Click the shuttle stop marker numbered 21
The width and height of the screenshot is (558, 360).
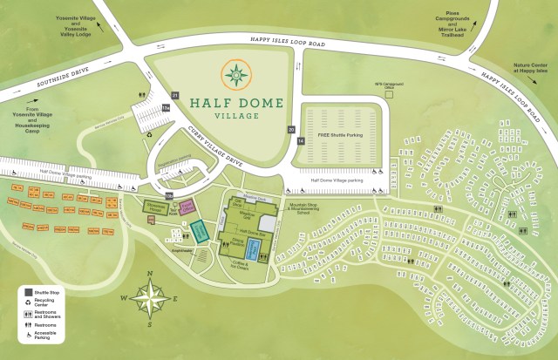[x=175, y=94]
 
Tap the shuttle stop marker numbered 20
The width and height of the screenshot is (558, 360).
[x=292, y=129]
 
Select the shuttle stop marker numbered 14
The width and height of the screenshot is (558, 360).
[x=301, y=140]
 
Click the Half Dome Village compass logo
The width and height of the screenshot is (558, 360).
[x=236, y=75]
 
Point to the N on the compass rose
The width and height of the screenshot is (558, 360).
[x=150, y=275]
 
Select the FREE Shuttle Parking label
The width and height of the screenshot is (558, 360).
[x=340, y=137]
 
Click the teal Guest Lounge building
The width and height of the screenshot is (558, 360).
[x=200, y=231]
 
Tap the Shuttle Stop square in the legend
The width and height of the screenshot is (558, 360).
[x=29, y=291]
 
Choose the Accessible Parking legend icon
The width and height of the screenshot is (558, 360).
[x=29, y=343]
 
